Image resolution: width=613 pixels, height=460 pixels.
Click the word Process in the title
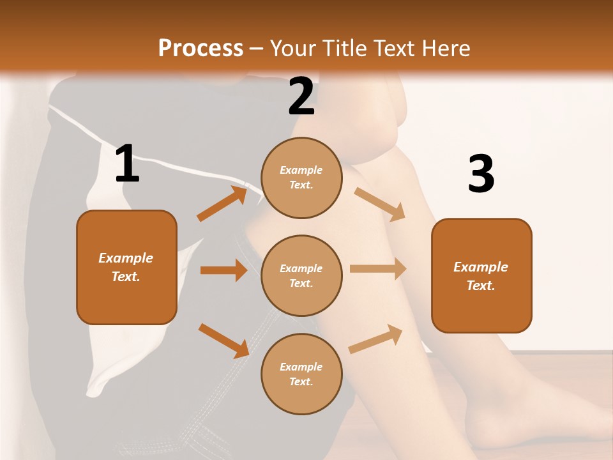click(x=201, y=48)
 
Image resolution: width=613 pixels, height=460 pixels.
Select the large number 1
click(x=127, y=164)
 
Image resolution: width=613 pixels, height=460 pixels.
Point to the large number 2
click(x=301, y=96)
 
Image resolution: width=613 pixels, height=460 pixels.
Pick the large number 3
click(x=481, y=174)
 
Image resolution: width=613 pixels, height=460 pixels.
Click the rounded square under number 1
click(x=126, y=267)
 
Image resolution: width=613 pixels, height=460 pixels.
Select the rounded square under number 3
click(x=481, y=276)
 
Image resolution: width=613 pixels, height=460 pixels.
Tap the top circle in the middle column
click(x=302, y=178)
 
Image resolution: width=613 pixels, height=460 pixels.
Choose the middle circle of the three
click(x=302, y=276)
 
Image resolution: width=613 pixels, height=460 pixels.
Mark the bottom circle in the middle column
click(x=302, y=374)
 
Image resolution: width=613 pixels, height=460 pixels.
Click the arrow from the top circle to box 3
click(x=379, y=204)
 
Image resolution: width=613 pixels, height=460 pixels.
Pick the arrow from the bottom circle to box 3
click(x=375, y=339)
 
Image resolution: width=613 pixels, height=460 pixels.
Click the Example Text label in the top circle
click(x=301, y=178)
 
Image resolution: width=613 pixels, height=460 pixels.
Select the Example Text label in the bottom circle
click(x=301, y=374)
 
